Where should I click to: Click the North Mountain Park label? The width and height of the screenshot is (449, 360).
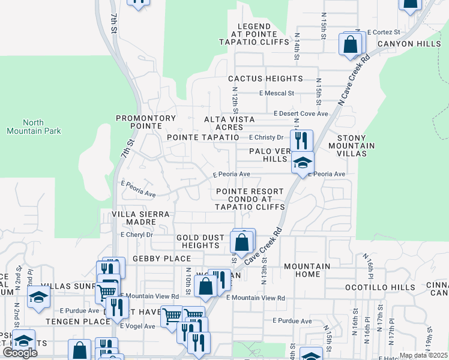coord(34,126)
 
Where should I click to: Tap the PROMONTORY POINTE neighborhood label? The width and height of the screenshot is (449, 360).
coord(146,122)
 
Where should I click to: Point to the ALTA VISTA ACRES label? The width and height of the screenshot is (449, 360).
coord(232,124)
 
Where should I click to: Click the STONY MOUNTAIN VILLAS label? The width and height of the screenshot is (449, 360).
coord(355,146)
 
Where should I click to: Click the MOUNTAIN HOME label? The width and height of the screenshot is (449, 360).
coord(307,270)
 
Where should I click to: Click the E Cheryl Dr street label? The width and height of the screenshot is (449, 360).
coord(137,235)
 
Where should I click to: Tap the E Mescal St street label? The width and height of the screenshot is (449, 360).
coord(276,94)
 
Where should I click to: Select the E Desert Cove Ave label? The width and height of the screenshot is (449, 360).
coord(301,113)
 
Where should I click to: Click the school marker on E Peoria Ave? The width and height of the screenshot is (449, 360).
coord(303,163)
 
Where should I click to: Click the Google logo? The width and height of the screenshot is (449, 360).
coord(20,353)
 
